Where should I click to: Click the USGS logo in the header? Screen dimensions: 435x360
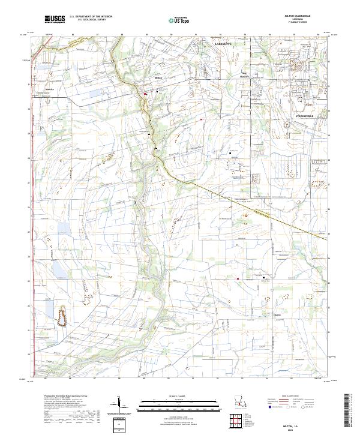pos(55,20)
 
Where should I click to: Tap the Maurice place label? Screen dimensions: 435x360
pos(50,89)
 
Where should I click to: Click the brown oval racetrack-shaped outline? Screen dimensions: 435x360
pos(61,315)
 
